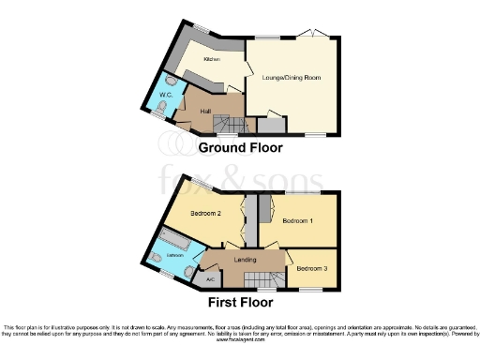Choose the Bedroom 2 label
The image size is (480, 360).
(x=205, y=213)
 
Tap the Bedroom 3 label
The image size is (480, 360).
(x=311, y=269)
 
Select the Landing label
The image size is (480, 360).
(x=246, y=260)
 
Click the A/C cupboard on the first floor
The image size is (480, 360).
(x=211, y=278)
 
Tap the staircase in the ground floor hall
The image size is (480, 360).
(x=229, y=124)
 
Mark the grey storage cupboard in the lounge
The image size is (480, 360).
(x=271, y=124)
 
